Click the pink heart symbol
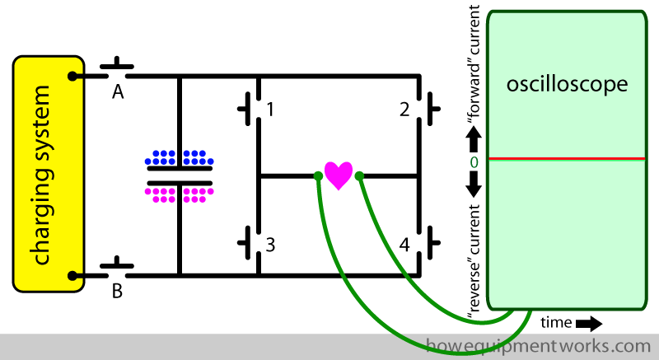339,175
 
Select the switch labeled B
117,265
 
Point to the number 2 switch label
404,109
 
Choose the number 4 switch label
404,245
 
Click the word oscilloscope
568,85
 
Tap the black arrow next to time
588,323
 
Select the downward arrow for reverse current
474,189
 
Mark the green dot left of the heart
318,175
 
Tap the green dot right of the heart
360,175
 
